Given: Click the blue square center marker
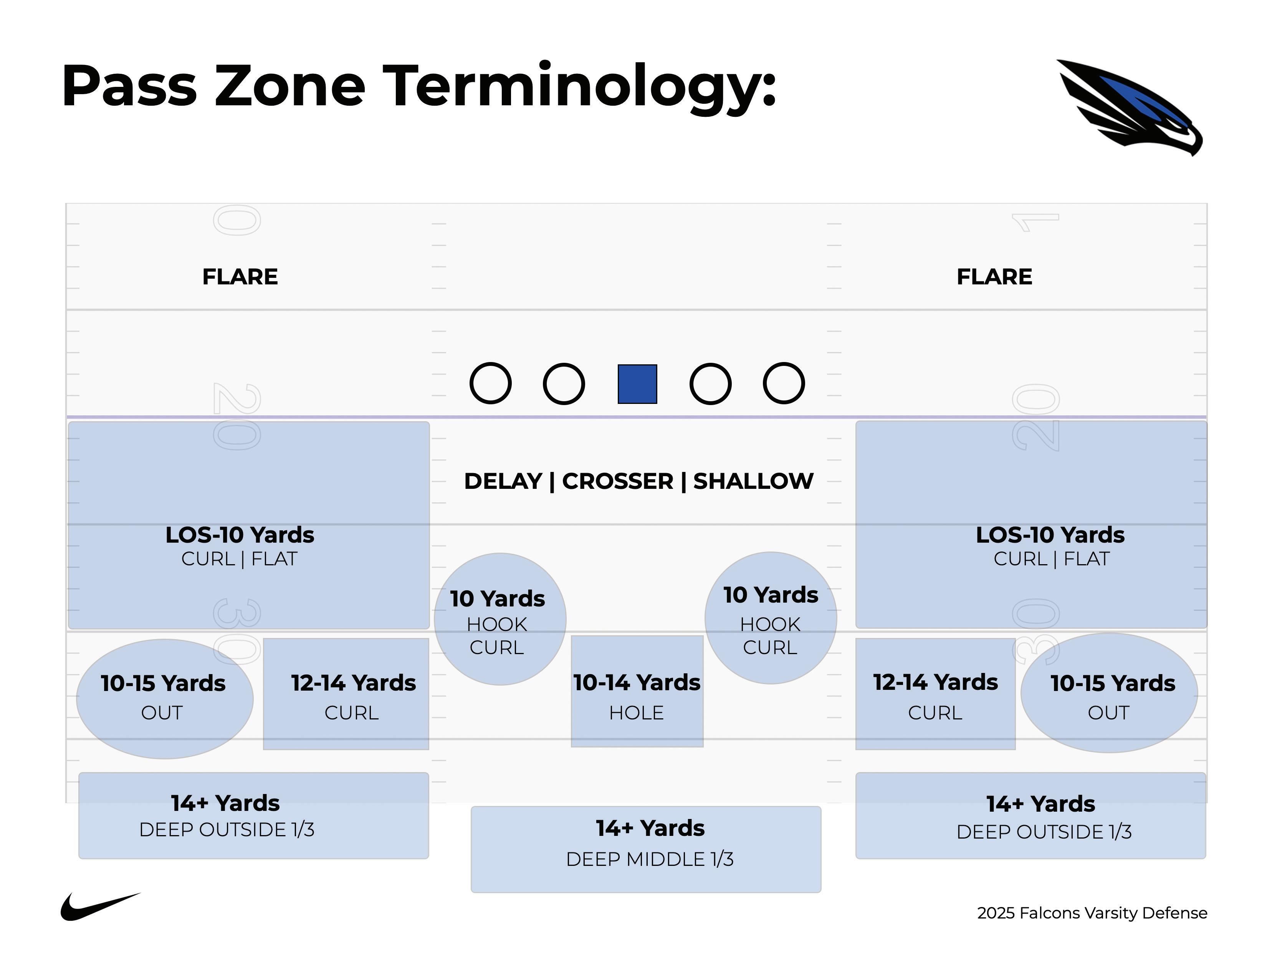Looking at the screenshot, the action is click(x=637, y=384).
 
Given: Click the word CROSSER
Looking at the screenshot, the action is click(x=617, y=481).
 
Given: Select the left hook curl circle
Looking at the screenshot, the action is click(x=500, y=619).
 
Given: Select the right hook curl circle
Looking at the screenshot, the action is click(x=771, y=618).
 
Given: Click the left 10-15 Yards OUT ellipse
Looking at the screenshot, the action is click(x=164, y=699).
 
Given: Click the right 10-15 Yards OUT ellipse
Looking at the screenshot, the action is click(x=1109, y=693).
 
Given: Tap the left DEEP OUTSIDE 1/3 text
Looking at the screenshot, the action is click(x=227, y=830).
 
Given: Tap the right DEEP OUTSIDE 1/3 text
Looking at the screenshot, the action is click(x=1044, y=832).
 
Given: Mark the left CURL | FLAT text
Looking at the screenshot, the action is click(x=239, y=559).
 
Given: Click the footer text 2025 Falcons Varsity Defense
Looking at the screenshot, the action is click(x=1092, y=913).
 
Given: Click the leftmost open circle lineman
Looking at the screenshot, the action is click(x=490, y=383).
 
